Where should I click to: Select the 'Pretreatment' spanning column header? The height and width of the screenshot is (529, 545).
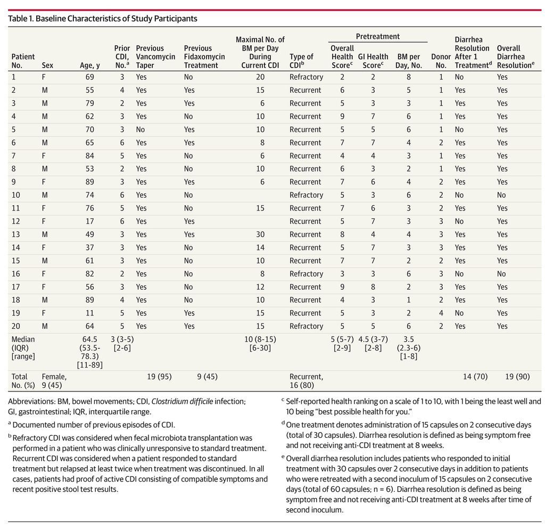[377, 36]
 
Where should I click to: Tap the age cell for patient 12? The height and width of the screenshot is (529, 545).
[89, 221]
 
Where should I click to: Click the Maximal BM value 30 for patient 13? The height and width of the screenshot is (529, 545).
[260, 234]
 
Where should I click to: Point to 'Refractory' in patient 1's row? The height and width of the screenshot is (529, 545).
[306, 77]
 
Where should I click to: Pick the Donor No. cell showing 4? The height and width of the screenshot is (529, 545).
[441, 313]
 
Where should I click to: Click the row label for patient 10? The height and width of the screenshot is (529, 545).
[16, 195]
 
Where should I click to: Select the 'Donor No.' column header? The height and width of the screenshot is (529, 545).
[441, 61]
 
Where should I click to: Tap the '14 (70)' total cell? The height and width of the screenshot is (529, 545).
[475, 376]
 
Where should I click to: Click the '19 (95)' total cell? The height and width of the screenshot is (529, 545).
[159, 376]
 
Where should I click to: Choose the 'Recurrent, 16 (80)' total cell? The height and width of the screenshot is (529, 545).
[306, 381]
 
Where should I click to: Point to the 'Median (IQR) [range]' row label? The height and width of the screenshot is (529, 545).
[23, 348]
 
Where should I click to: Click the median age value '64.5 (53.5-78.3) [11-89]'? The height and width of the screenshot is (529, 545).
[89, 352]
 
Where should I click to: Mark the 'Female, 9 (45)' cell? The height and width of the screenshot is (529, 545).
[54, 381]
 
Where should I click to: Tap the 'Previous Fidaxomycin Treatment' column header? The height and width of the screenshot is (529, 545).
[204, 56]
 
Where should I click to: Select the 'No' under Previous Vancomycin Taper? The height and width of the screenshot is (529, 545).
[141, 129]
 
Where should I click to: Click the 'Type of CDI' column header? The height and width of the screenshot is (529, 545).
[301, 61]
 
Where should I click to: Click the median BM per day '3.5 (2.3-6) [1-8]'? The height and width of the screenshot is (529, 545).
[408, 348]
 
